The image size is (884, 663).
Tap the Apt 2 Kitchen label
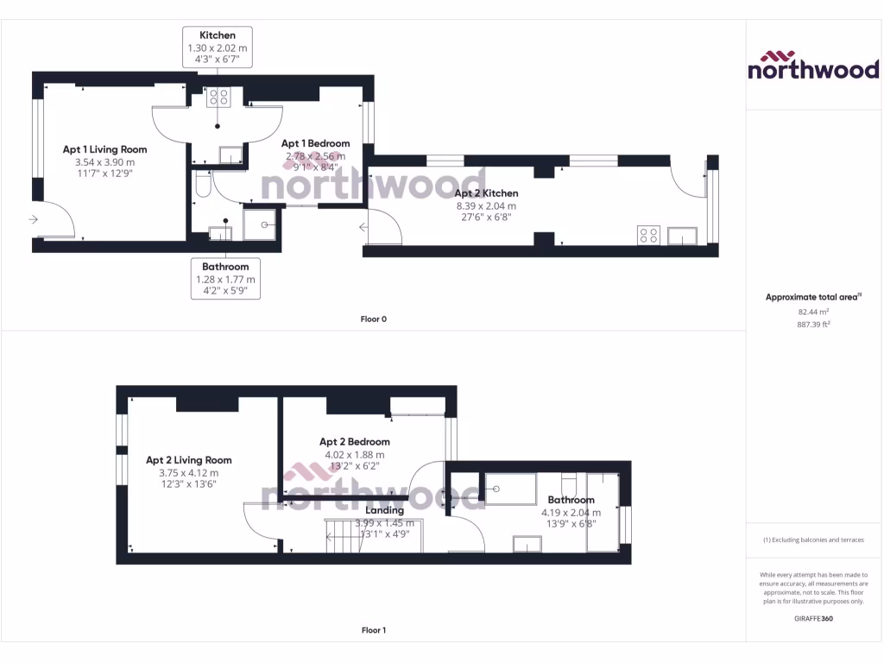coord(486,193)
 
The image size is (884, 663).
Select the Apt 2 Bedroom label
coord(354,442)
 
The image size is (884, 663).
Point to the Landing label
coord(384,510)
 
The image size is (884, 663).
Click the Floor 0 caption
coord(373,319)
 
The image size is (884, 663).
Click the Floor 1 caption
coord(373,630)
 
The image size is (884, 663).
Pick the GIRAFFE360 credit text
coord(812,618)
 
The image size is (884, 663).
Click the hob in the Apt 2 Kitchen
coord(648,235)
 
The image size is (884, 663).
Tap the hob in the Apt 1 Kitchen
coord(218,98)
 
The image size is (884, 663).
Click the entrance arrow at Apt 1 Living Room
coord(33,220)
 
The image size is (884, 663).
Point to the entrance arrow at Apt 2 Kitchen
coord(364,227)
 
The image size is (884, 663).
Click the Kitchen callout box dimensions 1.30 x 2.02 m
coord(218,50)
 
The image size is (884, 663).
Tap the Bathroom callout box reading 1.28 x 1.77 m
coord(225,280)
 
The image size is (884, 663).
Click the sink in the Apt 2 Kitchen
coord(682,235)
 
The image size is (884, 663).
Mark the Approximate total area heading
coord(812,297)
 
